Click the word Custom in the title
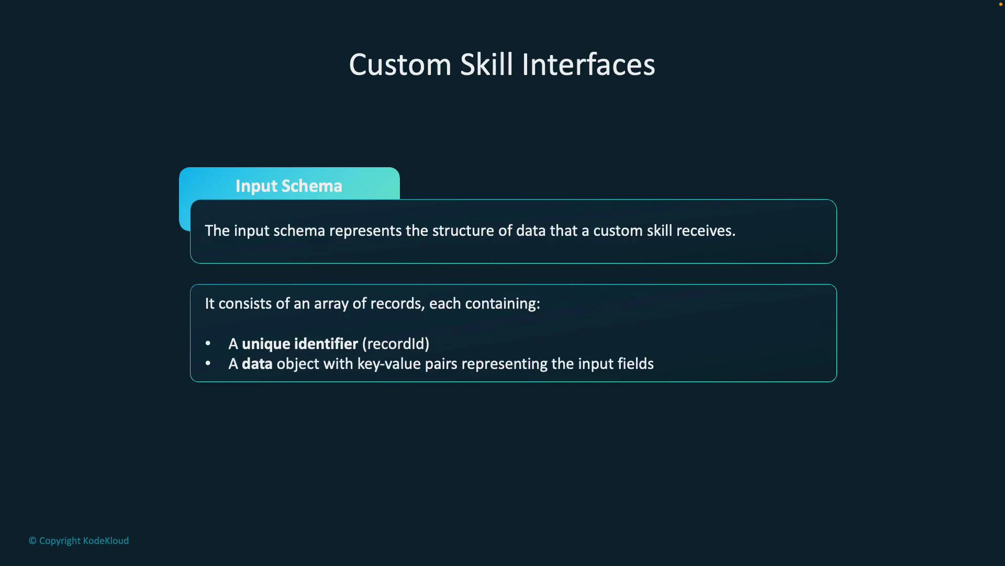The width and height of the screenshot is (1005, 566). (400, 65)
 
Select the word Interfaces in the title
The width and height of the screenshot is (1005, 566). (588, 65)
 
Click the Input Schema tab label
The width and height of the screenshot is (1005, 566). (289, 186)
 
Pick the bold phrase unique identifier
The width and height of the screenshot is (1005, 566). (299, 344)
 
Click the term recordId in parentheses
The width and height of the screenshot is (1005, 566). (396, 344)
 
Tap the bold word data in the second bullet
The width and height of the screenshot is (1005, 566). (257, 364)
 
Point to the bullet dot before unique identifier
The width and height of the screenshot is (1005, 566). (208, 343)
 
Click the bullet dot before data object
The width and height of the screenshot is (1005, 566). (208, 363)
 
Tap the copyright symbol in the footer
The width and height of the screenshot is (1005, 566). (32, 541)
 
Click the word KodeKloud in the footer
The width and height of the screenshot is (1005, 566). (106, 541)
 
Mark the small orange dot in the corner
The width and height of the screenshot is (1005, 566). (1001, 4)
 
